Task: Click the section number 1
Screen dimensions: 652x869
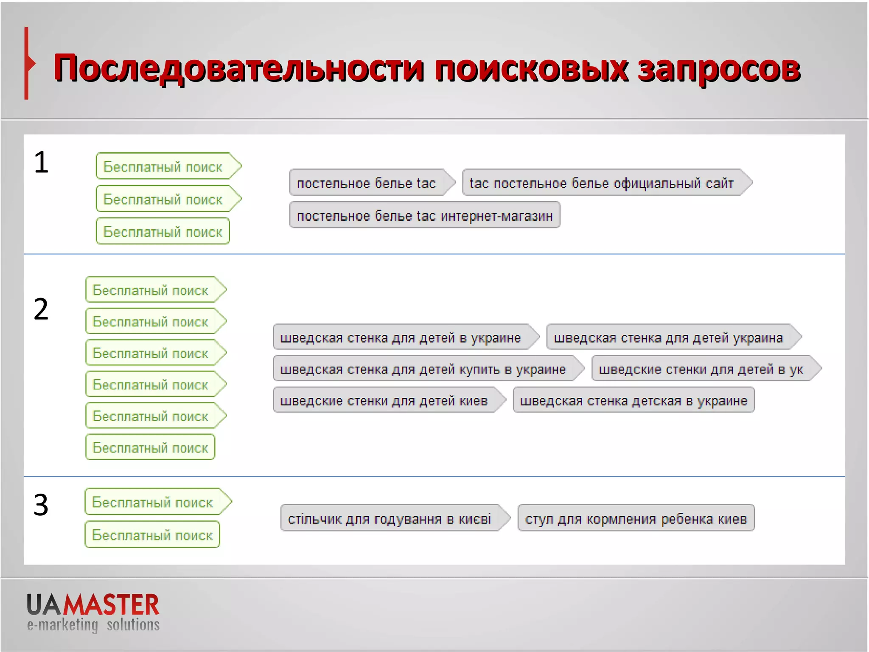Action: coord(41,162)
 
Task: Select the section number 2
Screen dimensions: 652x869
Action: coord(41,309)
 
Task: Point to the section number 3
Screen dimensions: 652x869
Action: coord(41,505)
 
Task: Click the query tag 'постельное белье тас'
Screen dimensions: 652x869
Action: coord(367,183)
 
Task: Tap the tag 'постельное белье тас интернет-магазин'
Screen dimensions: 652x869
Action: coord(425,215)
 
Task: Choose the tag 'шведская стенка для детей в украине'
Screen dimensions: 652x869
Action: coord(401,337)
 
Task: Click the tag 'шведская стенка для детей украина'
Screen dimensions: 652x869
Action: coord(668,337)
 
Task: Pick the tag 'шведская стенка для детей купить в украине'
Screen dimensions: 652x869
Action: coord(423,369)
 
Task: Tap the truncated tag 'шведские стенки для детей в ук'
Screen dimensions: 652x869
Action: coord(701,369)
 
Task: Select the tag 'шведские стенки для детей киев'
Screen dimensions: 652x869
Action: coord(384,400)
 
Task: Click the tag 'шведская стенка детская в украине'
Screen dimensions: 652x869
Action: coord(634,400)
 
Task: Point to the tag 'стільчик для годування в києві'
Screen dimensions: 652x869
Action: coord(390,518)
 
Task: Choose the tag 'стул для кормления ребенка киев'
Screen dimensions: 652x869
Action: coord(636,518)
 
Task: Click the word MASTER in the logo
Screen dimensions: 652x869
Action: coord(111,605)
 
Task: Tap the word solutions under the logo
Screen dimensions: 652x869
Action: coord(133,625)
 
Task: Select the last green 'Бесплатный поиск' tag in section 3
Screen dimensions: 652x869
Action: coord(152,535)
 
